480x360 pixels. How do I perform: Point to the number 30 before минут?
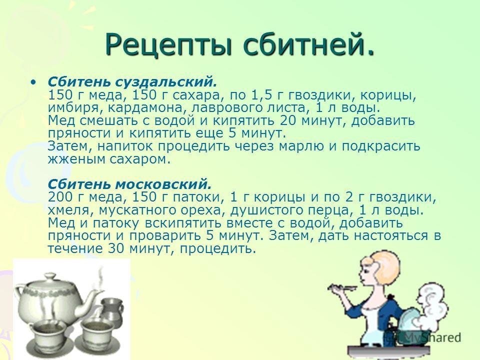click(x=116, y=248)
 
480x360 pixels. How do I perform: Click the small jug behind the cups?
click(x=111, y=309)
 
